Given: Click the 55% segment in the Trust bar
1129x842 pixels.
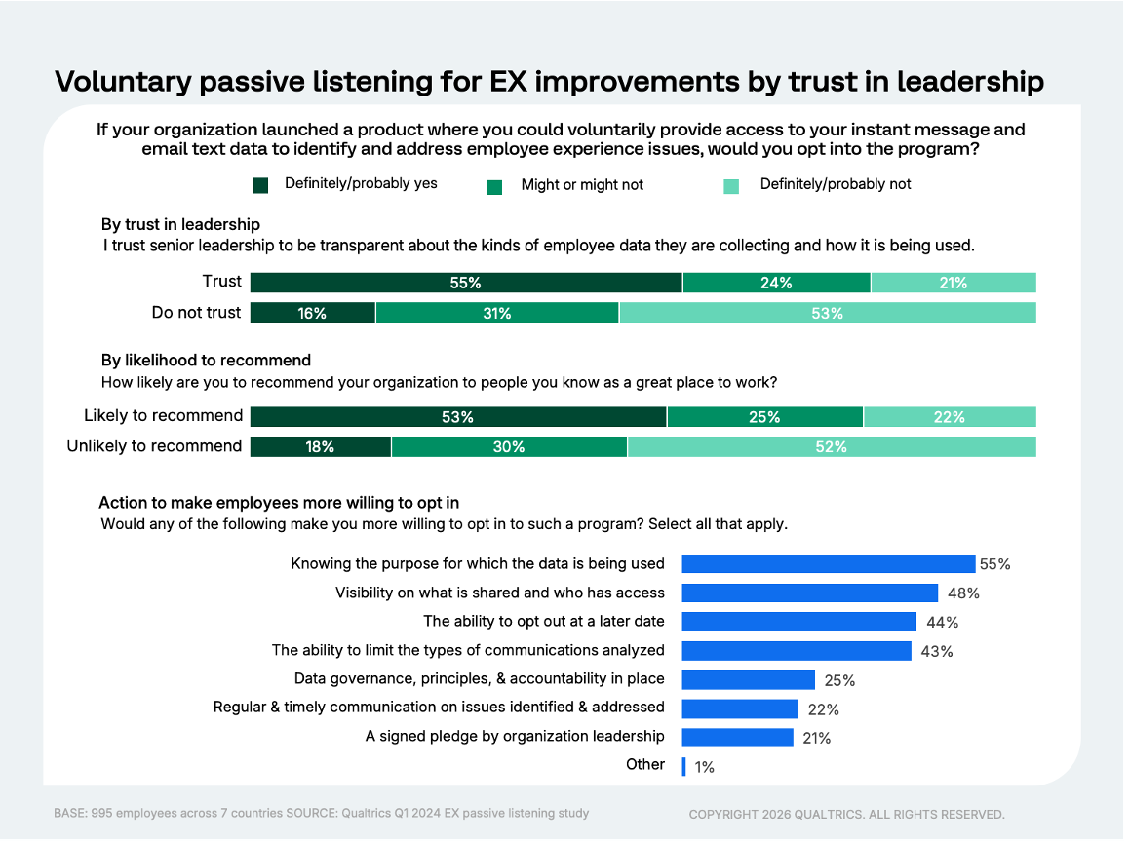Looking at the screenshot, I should coord(466,283).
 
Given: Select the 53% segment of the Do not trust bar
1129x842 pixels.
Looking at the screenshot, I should coord(827,313).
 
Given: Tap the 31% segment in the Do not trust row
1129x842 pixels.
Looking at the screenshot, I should coord(496,313).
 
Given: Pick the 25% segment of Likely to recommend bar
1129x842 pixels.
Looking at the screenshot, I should coord(764,417).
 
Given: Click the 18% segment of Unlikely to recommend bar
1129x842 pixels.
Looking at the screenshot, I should coord(320,447).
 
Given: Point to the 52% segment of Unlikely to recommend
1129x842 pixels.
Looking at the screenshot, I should coord(831,447).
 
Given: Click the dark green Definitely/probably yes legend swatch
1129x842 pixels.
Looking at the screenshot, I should coord(260,185).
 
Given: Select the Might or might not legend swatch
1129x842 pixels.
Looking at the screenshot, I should coord(494,186).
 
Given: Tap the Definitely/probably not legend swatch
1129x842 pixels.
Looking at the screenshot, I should coord(732,186).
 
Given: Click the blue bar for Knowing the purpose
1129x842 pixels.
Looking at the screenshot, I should coord(828,564).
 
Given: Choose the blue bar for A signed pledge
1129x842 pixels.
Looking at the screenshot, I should coord(737,738).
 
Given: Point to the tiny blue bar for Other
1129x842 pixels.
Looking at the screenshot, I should coord(684,766).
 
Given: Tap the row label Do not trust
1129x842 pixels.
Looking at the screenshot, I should coord(196,312).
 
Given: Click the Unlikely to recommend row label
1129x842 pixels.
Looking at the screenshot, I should coord(154,446).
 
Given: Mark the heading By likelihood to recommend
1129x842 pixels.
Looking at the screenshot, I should coord(206,360).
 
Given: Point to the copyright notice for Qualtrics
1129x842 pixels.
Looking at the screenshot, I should coord(846,814).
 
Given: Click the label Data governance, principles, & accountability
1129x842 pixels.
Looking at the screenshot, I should coord(479,678).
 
